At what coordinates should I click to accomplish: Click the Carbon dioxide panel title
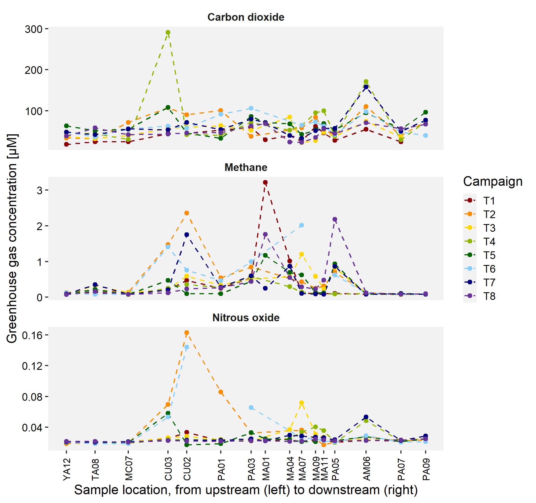click(x=246, y=17)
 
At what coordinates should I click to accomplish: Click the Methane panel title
click(x=246, y=167)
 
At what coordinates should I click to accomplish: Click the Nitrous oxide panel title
click(x=246, y=318)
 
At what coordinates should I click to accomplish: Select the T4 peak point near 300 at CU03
click(x=168, y=33)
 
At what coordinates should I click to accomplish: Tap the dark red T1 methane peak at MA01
click(x=265, y=182)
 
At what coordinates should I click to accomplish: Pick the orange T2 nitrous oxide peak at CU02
click(x=187, y=333)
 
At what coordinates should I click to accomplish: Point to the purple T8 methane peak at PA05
click(x=335, y=219)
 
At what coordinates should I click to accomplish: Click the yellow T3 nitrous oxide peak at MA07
click(x=302, y=403)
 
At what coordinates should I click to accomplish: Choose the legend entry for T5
click(x=489, y=255)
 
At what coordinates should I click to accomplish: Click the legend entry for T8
click(x=489, y=296)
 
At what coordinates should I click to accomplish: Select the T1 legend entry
click(x=489, y=201)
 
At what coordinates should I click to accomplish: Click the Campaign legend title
click(x=493, y=181)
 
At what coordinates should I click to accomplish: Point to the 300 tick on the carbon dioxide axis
click(x=33, y=29)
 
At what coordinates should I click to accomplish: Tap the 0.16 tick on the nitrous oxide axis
click(x=32, y=335)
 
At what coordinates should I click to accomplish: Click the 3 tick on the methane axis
click(x=39, y=190)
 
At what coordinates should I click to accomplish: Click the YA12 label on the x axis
click(x=67, y=469)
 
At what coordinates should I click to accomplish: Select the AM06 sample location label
click(x=366, y=469)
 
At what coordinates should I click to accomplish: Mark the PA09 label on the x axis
click(x=426, y=469)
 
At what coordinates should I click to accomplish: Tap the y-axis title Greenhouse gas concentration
click(x=12, y=239)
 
